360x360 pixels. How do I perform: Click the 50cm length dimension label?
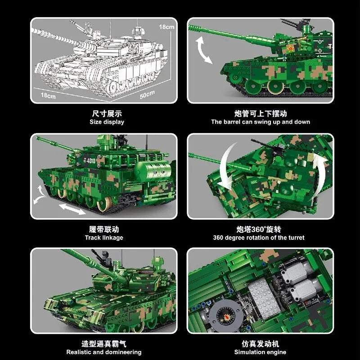click(147, 94)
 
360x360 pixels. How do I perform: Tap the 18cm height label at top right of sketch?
click(166, 27)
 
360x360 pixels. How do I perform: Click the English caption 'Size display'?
click(107, 122)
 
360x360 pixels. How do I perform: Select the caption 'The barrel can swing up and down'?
click(261, 122)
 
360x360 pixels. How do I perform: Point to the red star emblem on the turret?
click(291, 49)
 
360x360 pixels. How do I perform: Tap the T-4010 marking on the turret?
click(90, 160)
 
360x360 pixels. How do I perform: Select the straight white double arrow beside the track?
click(72, 209)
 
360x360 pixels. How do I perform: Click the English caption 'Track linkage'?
click(104, 238)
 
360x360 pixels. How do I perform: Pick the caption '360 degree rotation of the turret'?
click(259, 238)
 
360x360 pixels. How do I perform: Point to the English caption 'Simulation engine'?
click(260, 352)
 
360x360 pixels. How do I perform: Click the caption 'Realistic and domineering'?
click(104, 352)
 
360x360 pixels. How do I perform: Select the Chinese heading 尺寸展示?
click(107, 113)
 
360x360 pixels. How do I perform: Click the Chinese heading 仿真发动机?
click(261, 344)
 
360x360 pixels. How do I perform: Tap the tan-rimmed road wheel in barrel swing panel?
click(275, 86)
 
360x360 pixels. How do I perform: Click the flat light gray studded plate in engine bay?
click(264, 298)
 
